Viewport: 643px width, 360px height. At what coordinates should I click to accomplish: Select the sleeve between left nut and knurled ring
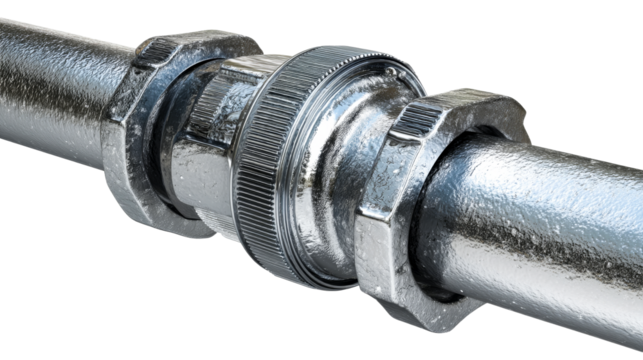205,150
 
